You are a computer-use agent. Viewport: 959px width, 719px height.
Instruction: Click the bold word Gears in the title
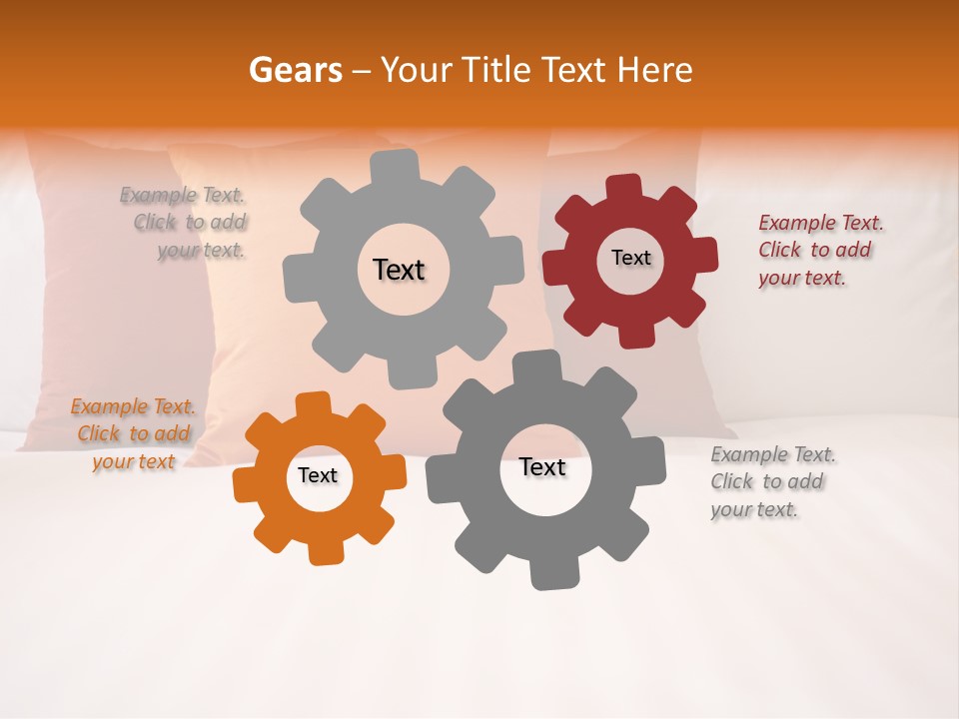pyautogui.click(x=295, y=70)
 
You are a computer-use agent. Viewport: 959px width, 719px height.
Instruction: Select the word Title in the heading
pyautogui.click(x=494, y=70)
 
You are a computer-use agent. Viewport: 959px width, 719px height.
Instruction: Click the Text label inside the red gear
pyautogui.click(x=630, y=258)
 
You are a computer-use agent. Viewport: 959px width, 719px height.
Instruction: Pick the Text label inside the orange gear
pyautogui.click(x=318, y=475)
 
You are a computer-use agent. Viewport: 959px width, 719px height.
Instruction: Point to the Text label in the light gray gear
pyautogui.click(x=399, y=270)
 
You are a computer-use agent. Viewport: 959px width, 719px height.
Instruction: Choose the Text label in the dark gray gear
pyautogui.click(x=542, y=466)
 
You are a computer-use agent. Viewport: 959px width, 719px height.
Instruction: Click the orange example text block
pyautogui.click(x=133, y=433)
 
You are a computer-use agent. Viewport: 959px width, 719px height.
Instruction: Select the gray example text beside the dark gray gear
pyautogui.click(x=772, y=481)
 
